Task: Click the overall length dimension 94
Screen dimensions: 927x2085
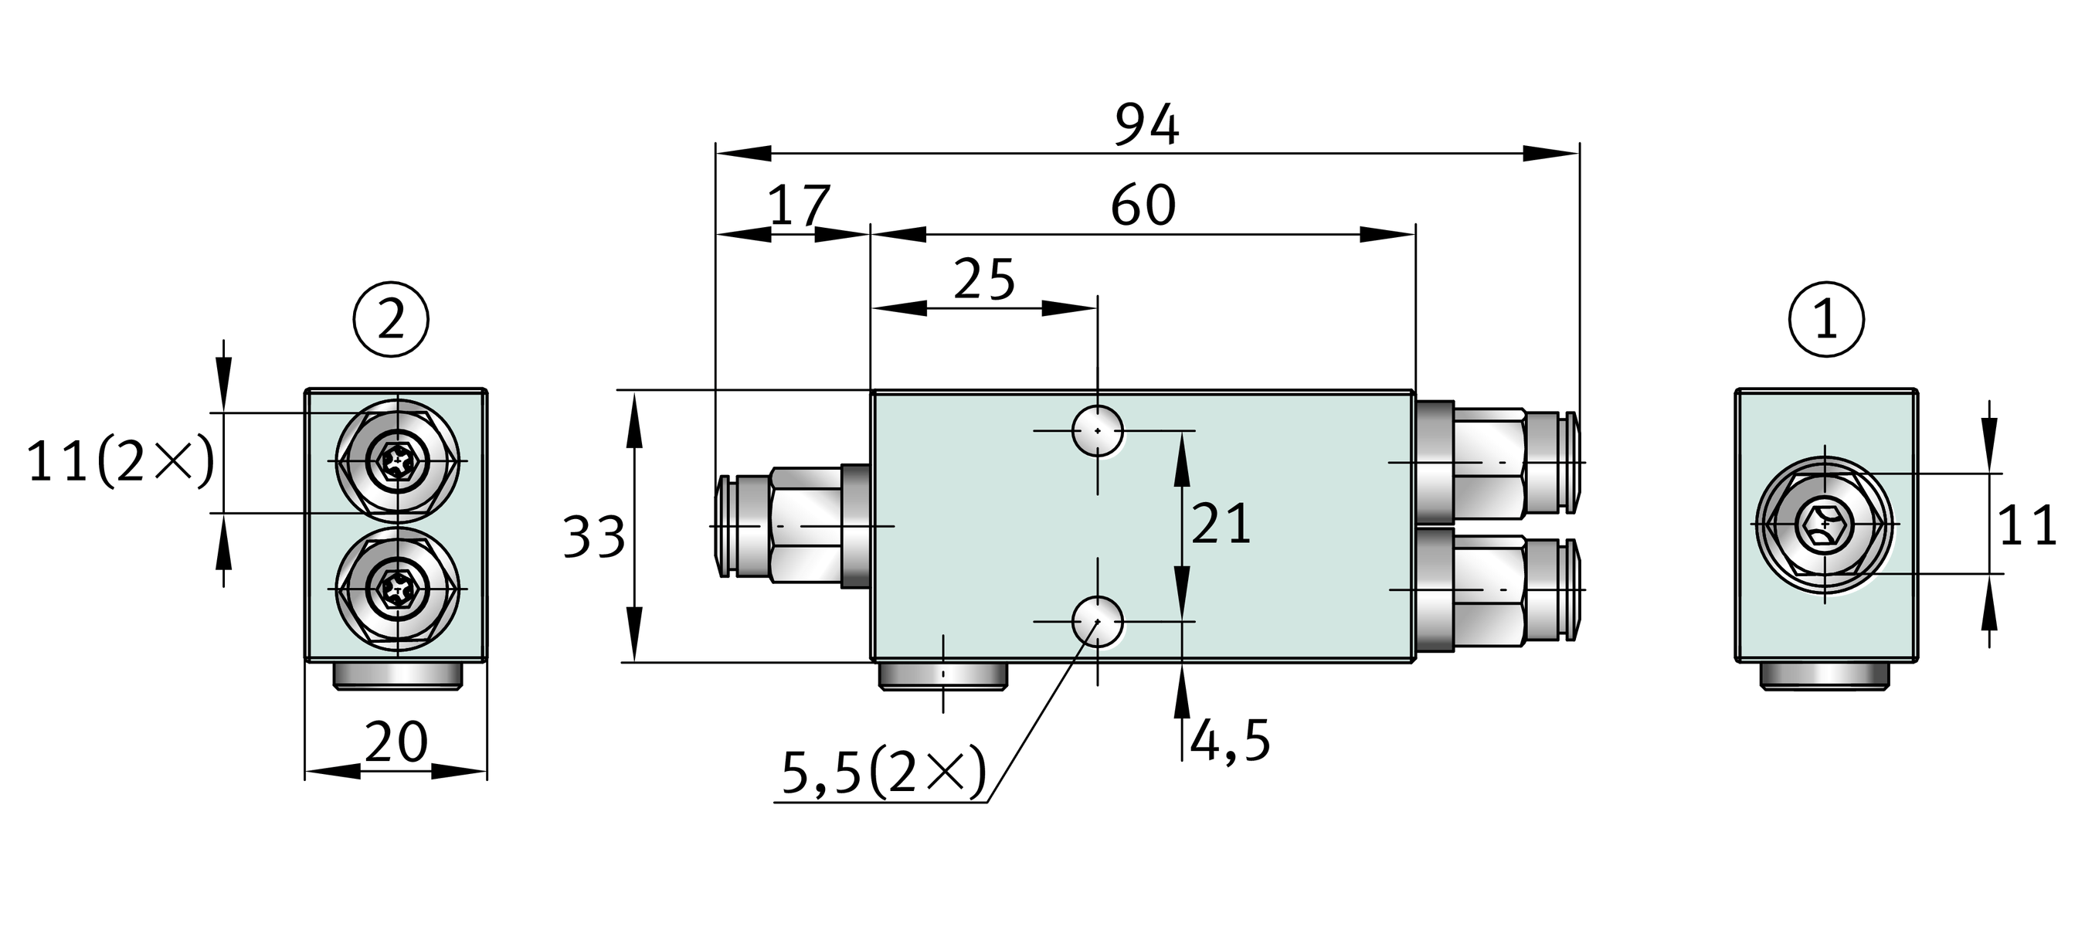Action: (x=1147, y=126)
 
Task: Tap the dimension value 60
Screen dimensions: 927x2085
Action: (x=1143, y=205)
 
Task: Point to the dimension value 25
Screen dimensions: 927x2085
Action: (x=984, y=280)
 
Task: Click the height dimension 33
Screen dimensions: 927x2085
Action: (x=594, y=537)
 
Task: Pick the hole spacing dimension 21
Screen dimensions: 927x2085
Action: (x=1221, y=524)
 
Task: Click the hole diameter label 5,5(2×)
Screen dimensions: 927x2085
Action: (x=884, y=773)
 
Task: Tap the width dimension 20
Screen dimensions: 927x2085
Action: (x=396, y=742)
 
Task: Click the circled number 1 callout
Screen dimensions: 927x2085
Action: (x=1827, y=319)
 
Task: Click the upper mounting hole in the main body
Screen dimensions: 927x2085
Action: (x=1097, y=431)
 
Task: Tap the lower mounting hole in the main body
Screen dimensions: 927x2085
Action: (x=1097, y=622)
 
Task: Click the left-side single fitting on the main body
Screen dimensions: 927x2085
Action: (x=790, y=525)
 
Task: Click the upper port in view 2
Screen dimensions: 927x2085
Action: (x=397, y=461)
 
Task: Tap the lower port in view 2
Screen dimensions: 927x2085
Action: (x=397, y=589)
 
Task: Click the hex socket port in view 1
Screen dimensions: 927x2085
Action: (x=1825, y=525)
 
